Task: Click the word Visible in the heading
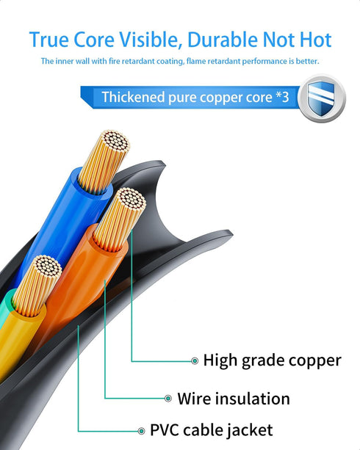(150, 40)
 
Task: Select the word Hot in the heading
(316, 40)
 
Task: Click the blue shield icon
(321, 98)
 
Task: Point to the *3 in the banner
(282, 97)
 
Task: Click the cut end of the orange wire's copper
(132, 199)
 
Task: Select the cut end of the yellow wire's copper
(48, 266)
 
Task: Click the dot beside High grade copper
(195, 360)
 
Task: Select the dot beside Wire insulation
(168, 399)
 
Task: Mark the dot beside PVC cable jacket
(141, 431)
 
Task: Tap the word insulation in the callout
(253, 399)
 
